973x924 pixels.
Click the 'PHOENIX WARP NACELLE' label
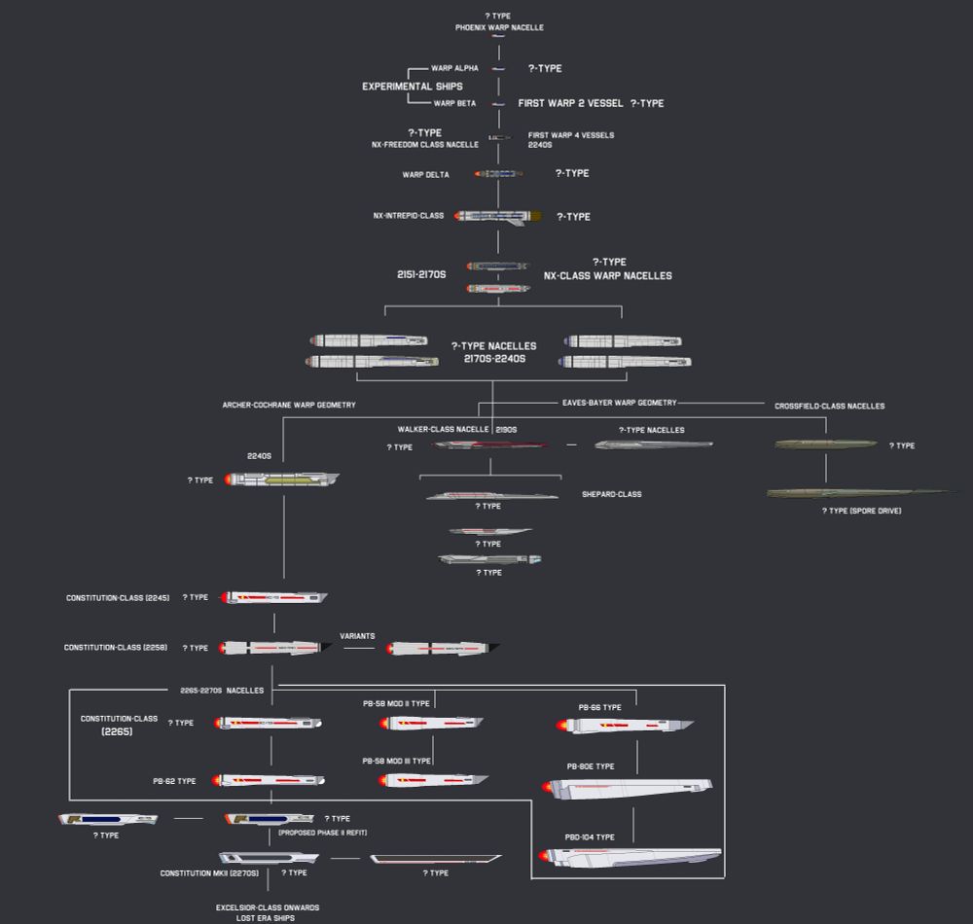click(x=499, y=27)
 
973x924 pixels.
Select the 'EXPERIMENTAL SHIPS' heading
click(x=412, y=87)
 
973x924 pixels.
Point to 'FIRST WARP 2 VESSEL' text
click(x=570, y=103)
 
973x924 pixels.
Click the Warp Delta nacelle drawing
click(x=499, y=173)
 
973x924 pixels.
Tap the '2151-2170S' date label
click(x=420, y=275)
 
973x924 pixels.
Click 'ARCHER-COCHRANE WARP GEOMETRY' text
click(x=288, y=405)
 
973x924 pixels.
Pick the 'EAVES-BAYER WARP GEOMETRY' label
click(x=619, y=402)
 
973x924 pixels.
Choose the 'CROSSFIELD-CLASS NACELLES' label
click(x=829, y=406)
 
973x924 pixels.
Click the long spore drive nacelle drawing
click(x=856, y=493)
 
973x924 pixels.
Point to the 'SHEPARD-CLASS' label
click(x=611, y=494)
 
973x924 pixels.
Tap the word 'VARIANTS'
click(x=357, y=636)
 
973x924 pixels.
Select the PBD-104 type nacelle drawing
click(x=632, y=856)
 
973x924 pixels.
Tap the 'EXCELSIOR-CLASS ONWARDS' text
click(x=268, y=907)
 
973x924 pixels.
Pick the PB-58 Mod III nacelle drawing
click(x=433, y=780)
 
